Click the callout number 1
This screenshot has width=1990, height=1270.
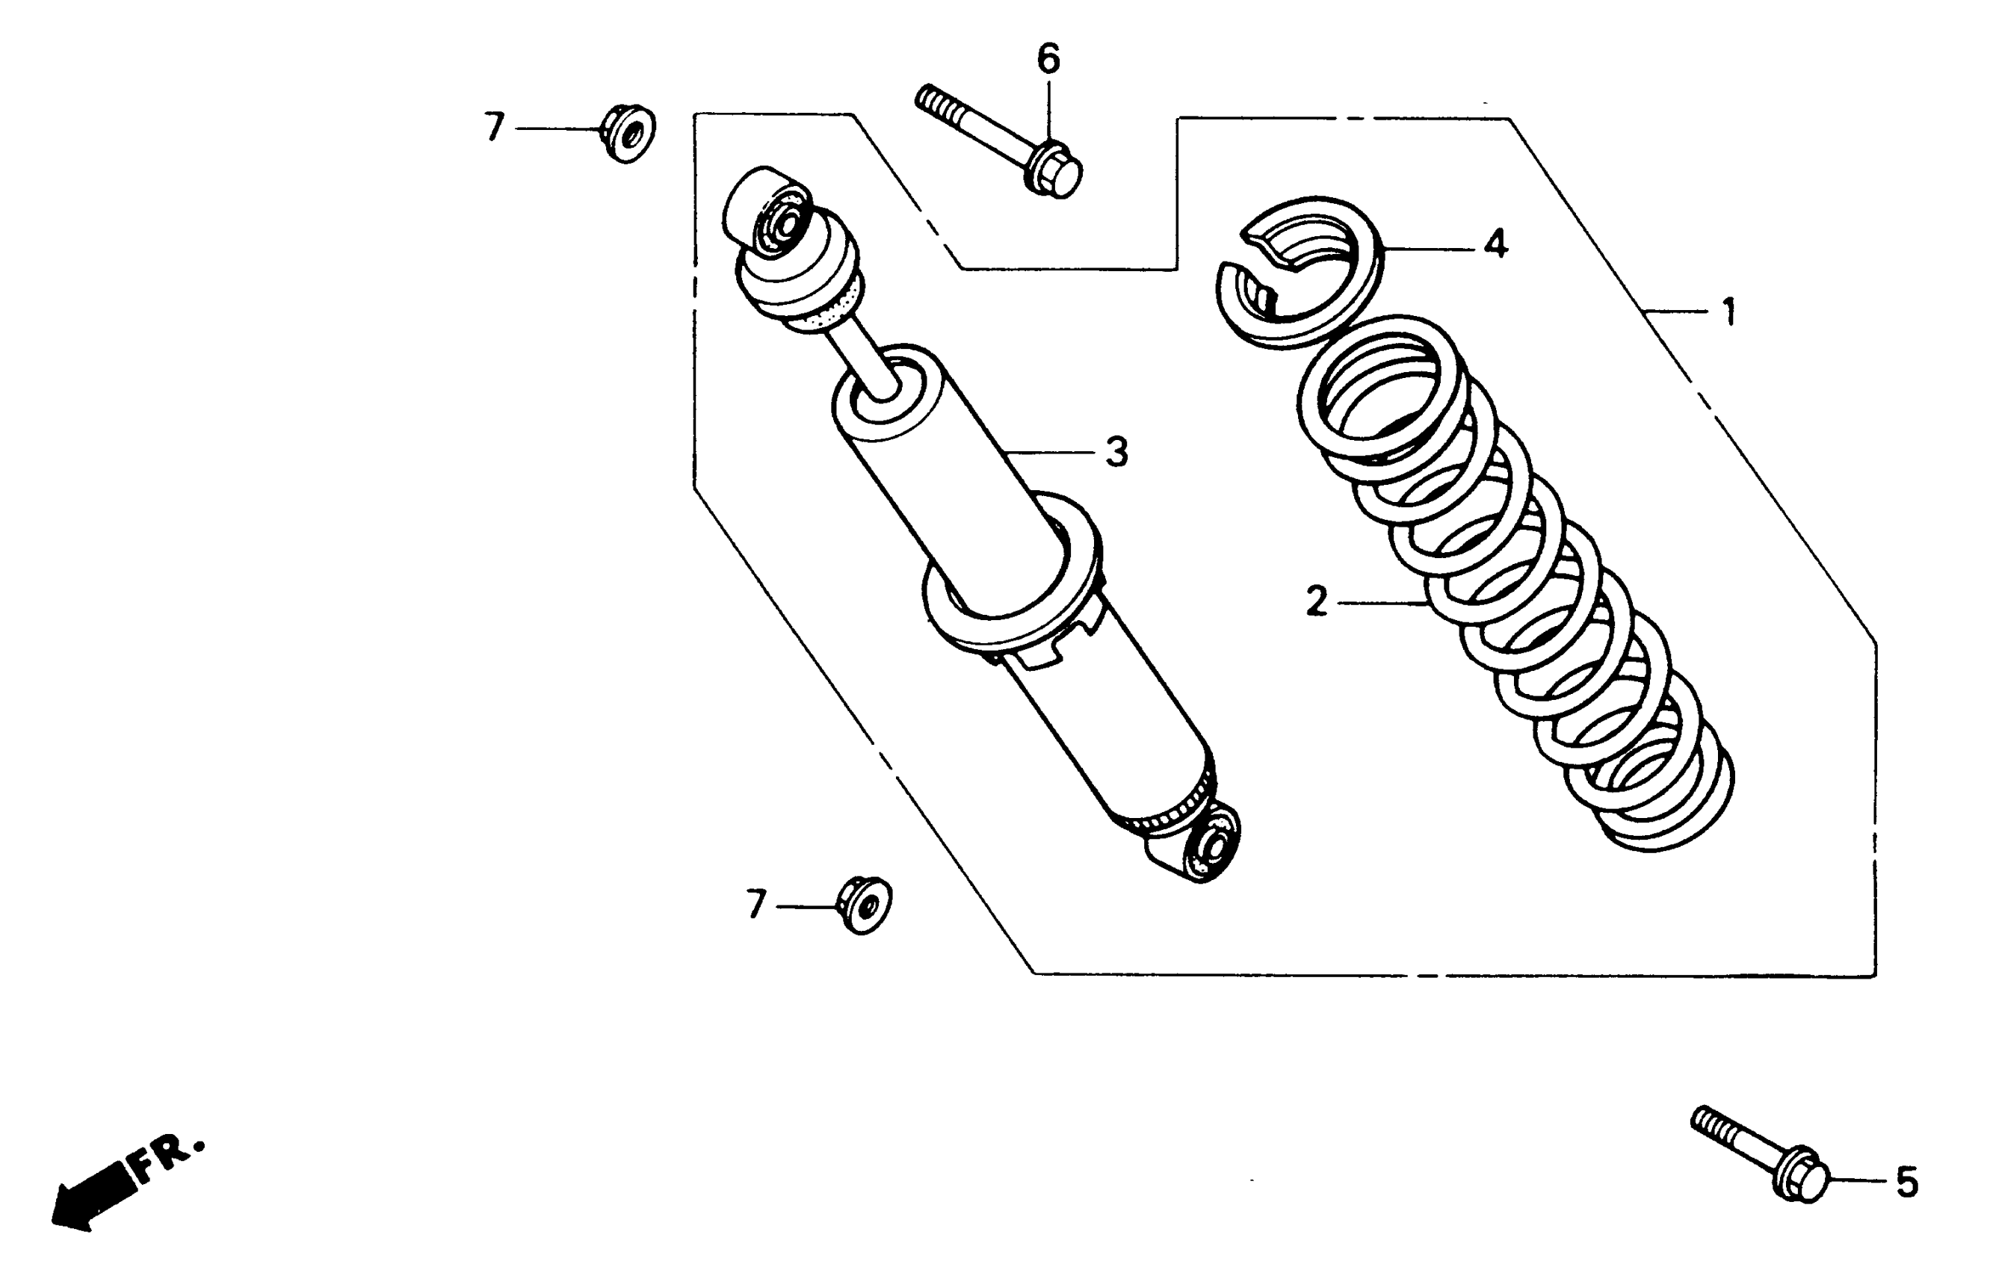[1728, 313]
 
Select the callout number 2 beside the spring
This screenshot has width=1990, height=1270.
[1316, 601]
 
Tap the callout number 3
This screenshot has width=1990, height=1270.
[1116, 453]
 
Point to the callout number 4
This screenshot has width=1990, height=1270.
[1495, 245]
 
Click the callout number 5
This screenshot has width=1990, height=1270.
[1906, 1184]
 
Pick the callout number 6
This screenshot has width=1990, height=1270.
[1048, 60]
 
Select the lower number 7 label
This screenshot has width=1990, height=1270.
[756, 905]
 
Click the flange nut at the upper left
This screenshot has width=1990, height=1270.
[627, 134]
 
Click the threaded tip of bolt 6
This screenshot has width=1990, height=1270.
[934, 102]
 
